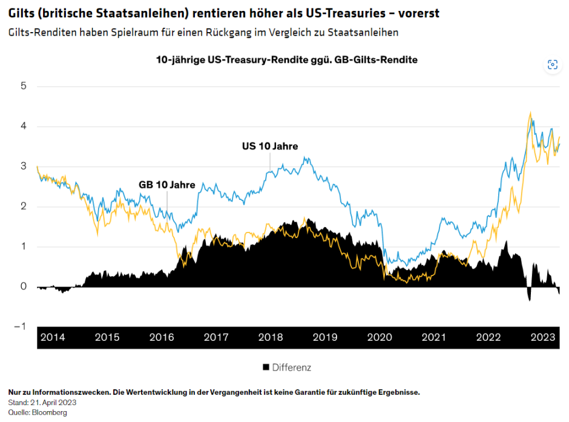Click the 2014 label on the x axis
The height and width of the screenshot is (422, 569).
coord(53,338)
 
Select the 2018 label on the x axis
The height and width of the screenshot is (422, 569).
coord(271,338)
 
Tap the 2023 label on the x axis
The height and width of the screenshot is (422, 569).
coord(542,338)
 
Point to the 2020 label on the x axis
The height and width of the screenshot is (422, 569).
coord(380,338)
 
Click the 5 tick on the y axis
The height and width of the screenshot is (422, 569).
coord(24,86)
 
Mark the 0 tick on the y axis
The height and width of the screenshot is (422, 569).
coord(24,286)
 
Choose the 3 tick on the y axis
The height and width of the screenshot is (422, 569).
coord(24,166)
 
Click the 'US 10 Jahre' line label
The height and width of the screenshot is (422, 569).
coord(270,146)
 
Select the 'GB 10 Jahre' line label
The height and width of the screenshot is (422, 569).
coord(167,185)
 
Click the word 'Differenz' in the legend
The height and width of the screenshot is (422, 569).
coord(291,367)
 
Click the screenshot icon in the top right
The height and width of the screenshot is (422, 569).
coord(552,65)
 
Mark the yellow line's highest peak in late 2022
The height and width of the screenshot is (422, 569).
coord(530,113)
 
